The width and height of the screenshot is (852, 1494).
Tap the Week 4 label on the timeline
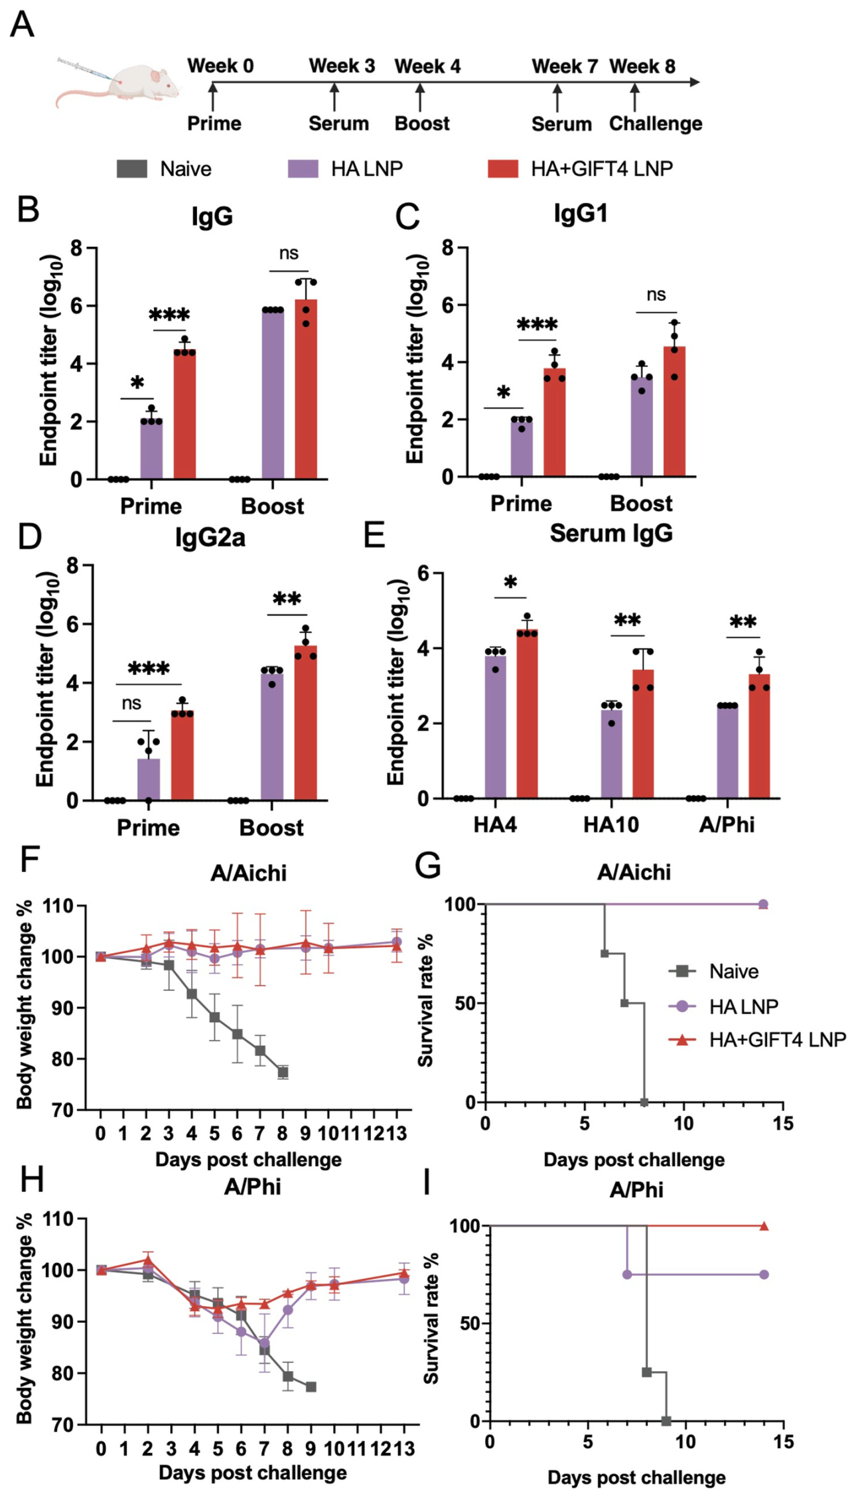tap(427, 66)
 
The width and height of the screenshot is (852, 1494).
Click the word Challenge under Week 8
tap(655, 123)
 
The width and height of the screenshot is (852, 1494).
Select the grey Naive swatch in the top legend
tap(131, 169)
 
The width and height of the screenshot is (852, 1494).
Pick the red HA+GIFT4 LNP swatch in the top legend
tap(502, 169)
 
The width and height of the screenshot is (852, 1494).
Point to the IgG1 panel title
tap(581, 214)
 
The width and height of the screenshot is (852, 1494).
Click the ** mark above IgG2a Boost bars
tap(287, 600)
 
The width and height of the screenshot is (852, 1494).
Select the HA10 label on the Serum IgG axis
tap(610, 825)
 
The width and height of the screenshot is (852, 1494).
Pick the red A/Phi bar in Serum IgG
tap(759, 737)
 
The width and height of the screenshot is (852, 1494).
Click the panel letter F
tap(29, 861)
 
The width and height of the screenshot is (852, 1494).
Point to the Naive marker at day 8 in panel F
tap(283, 1072)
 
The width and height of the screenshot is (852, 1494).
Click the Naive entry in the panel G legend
tap(733, 972)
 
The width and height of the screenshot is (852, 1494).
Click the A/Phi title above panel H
tap(252, 1186)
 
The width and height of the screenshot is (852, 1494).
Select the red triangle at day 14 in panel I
tap(764, 1226)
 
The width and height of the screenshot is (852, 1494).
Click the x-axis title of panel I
tap(636, 1477)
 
